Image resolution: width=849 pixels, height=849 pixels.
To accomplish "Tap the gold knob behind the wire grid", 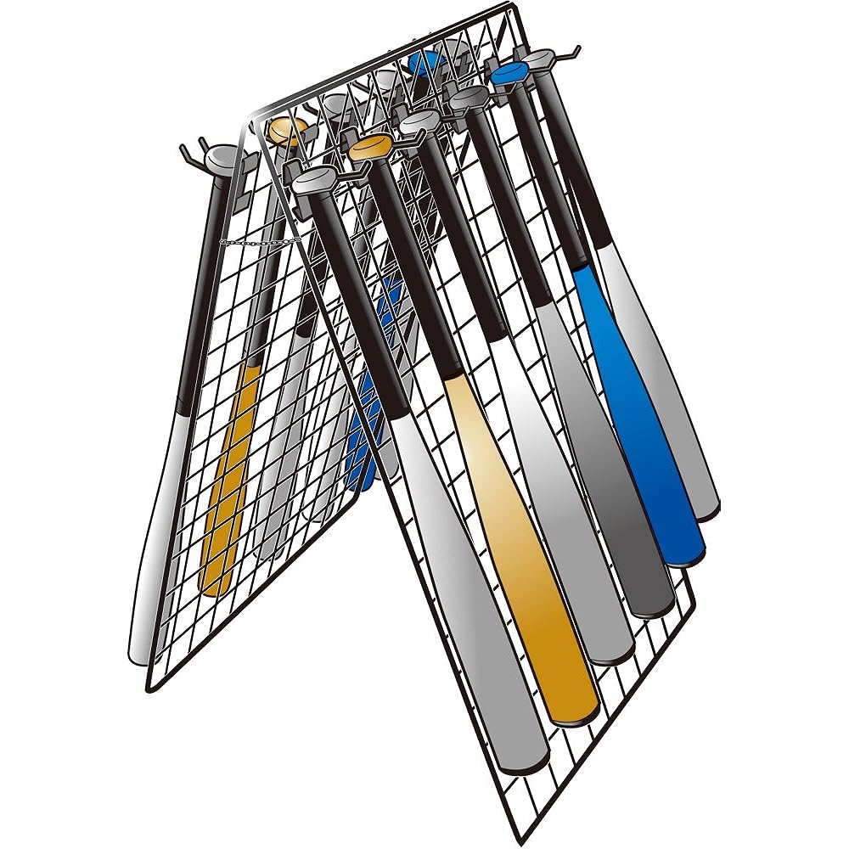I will [288, 132].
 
